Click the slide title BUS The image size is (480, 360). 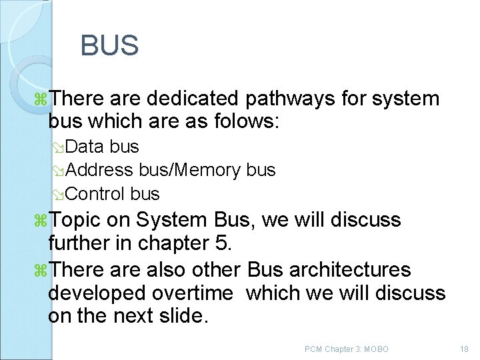point(109,46)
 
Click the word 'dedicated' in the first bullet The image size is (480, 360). point(193,99)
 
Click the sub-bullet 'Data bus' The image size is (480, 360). point(103,146)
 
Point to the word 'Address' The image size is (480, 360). point(100,170)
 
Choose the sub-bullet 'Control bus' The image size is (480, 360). point(113,194)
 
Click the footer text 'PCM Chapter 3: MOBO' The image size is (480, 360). point(346,349)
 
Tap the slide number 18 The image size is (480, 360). point(465,349)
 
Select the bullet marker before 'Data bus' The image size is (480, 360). point(59,147)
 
